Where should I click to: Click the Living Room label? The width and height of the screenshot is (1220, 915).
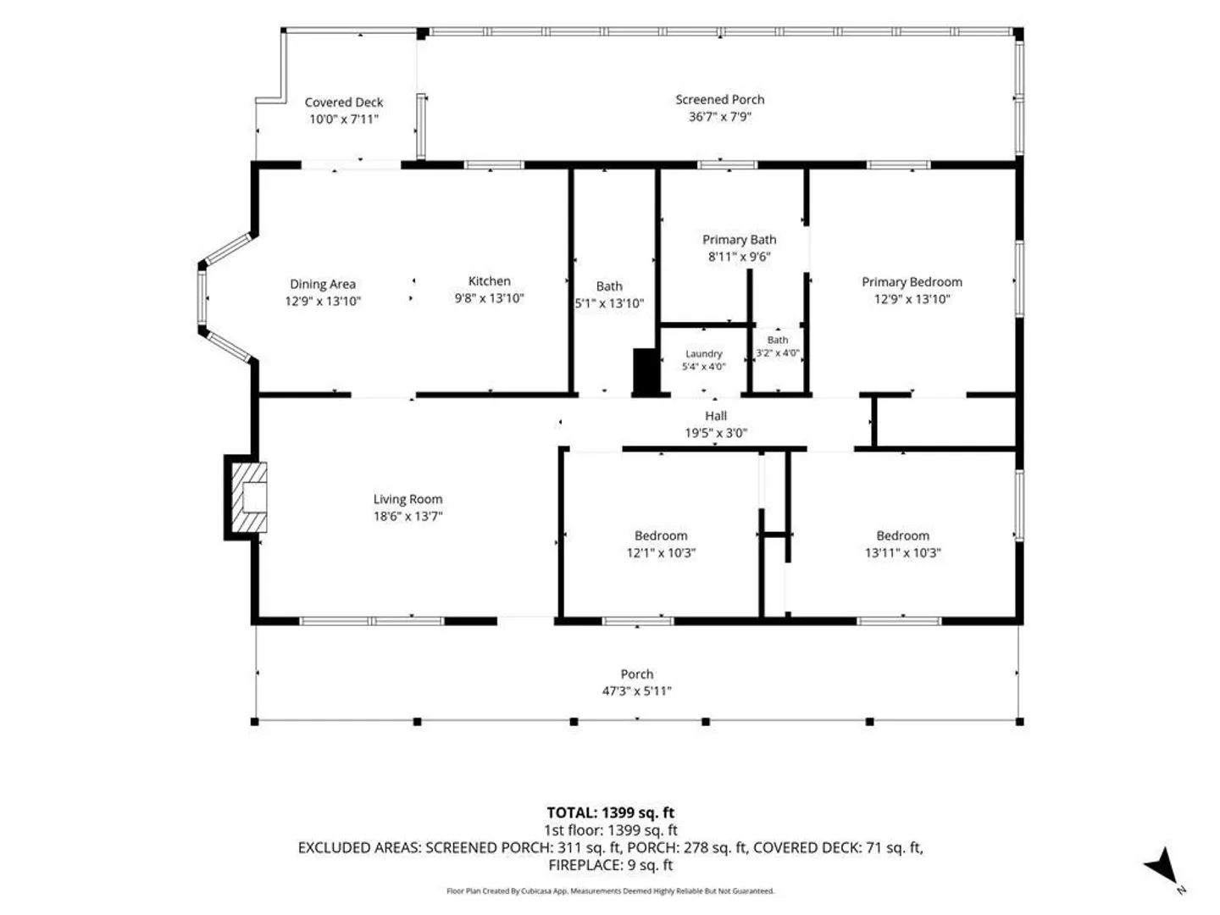[408, 499]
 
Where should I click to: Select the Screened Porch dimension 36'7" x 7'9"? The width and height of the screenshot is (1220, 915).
[720, 117]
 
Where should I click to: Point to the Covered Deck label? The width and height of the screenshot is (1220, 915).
[343, 103]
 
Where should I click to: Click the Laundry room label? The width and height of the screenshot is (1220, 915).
[704, 353]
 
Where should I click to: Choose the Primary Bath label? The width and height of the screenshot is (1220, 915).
[740, 240]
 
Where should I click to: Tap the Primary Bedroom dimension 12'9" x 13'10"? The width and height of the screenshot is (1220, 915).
[912, 299]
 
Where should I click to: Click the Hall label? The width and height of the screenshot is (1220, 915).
[716, 415]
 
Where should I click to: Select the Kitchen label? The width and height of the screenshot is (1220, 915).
[489, 281]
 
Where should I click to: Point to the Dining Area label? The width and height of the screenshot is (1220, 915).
[323, 285]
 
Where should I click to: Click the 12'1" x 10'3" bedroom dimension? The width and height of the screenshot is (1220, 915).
[661, 552]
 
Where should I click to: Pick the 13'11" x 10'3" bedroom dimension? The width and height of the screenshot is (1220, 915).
[902, 552]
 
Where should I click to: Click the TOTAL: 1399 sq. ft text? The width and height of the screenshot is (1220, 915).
[610, 812]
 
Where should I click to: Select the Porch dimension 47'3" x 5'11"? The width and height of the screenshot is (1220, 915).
[637, 691]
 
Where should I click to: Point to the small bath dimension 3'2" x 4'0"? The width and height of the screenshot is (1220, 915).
[778, 352]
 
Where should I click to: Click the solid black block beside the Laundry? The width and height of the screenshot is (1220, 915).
[646, 371]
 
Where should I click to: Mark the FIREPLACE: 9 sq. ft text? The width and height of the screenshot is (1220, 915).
[610, 865]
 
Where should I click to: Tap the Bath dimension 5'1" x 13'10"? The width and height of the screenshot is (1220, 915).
[609, 303]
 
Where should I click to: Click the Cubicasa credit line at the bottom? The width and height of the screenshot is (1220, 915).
[610, 891]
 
